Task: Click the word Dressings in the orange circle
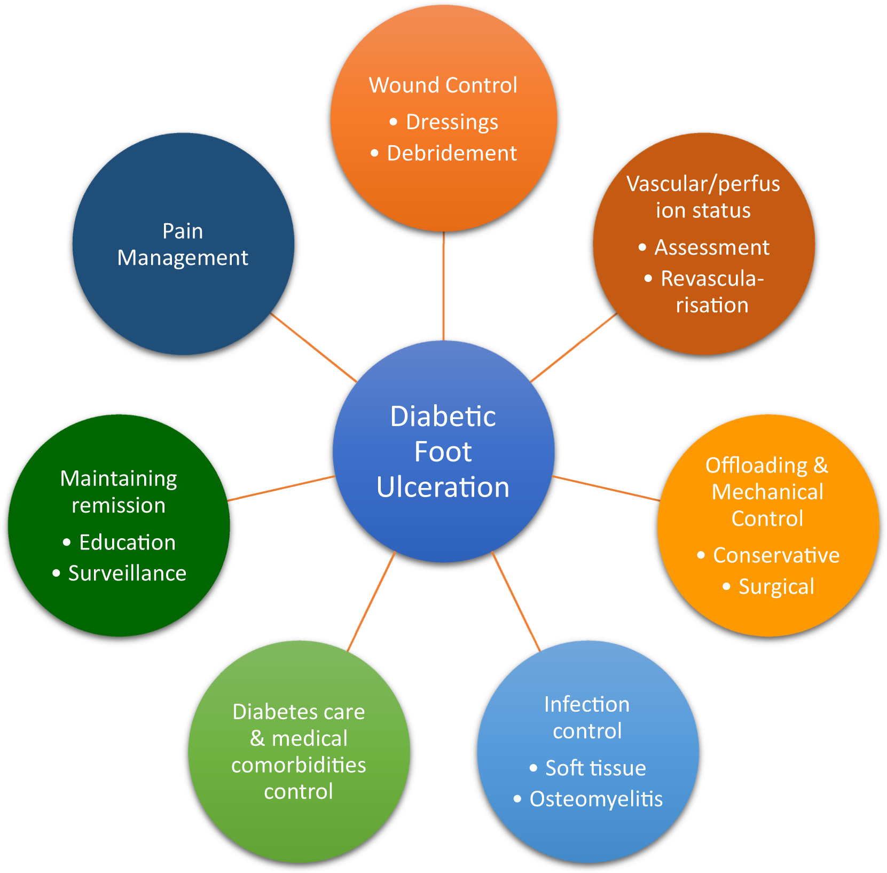pyautogui.click(x=452, y=122)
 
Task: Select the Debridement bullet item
pyautogui.click(x=452, y=153)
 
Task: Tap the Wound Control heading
pyautogui.click(x=443, y=85)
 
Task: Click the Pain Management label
pyautogui.click(x=183, y=245)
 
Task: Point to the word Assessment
pyautogui.click(x=712, y=247)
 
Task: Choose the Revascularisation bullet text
pyautogui.click(x=712, y=292)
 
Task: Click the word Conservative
pyautogui.click(x=776, y=555)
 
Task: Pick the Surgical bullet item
pyautogui.click(x=776, y=587)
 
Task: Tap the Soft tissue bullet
pyautogui.click(x=595, y=768)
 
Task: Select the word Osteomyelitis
pyautogui.click(x=596, y=799)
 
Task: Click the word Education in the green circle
pyautogui.click(x=127, y=542)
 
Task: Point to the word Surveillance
pyautogui.click(x=127, y=573)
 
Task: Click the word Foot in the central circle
pyautogui.click(x=443, y=452)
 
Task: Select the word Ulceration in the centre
pyautogui.click(x=443, y=487)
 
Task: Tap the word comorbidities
pyautogui.click(x=299, y=765)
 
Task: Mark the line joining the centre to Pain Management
pyautogui.click(x=314, y=347)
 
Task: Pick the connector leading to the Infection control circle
pyautogui.click(x=516, y=602)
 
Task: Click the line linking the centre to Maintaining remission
pyautogui.click(x=281, y=488)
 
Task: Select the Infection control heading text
pyautogui.click(x=587, y=718)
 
